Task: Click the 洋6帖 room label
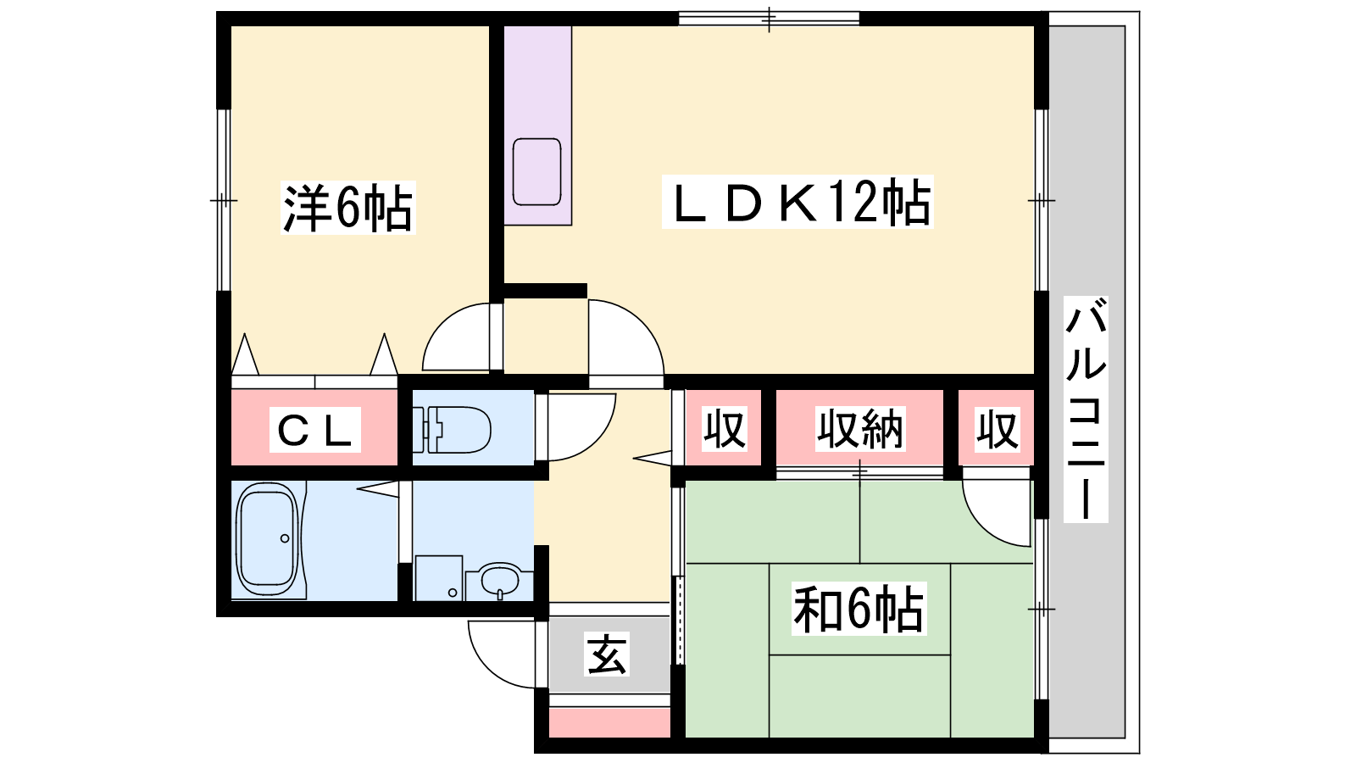pos(348,207)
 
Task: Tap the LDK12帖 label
pos(797,202)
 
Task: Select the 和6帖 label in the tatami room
pos(859,609)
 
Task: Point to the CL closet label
pos(314,430)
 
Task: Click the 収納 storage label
pos(860,429)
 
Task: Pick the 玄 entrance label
pos(607,654)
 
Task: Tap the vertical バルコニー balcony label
pos(1086,409)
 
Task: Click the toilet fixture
pos(452,430)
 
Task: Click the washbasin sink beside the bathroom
pos(500,581)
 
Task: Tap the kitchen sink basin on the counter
pos(537,172)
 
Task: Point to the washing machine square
pos(439,577)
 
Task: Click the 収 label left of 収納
pos(724,429)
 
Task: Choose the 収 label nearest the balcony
pos(997,429)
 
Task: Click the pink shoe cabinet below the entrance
pos(609,721)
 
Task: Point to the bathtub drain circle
pos(285,538)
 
